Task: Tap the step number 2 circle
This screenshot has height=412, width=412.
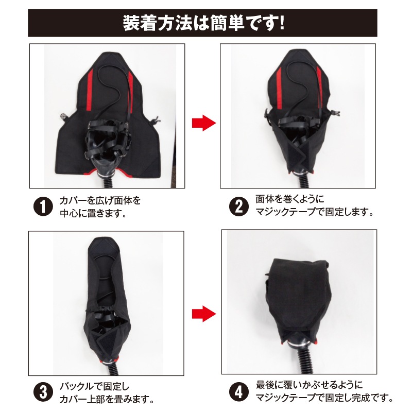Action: click(x=238, y=206)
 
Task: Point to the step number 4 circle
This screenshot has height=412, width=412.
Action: click(x=238, y=392)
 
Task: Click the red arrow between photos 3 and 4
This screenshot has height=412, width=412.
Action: click(x=202, y=313)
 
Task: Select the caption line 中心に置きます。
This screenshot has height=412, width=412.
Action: click(x=93, y=212)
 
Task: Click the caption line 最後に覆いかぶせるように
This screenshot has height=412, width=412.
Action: click(x=309, y=385)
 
